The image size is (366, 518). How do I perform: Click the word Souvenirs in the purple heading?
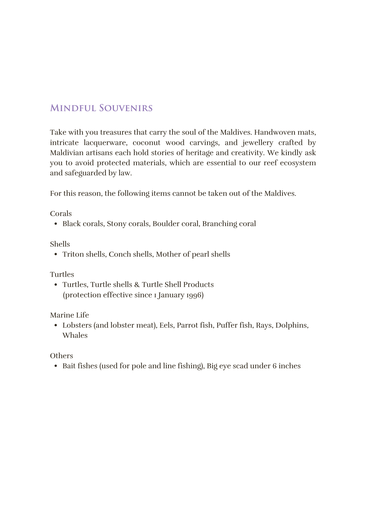(126, 108)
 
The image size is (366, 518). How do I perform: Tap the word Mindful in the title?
(73, 108)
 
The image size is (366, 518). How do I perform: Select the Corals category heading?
(61, 214)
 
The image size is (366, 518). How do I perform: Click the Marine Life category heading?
(69, 315)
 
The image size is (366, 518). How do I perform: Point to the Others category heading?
(61, 356)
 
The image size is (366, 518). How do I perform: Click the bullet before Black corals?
(56, 224)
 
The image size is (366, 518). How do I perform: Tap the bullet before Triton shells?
(56, 255)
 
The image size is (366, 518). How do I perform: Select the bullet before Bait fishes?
(56, 366)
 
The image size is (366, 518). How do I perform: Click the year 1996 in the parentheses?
(194, 295)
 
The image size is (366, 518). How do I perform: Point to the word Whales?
(75, 336)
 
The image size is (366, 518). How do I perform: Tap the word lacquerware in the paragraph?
(105, 143)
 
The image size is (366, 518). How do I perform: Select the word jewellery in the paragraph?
(258, 143)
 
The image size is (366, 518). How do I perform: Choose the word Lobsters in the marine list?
(77, 325)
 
